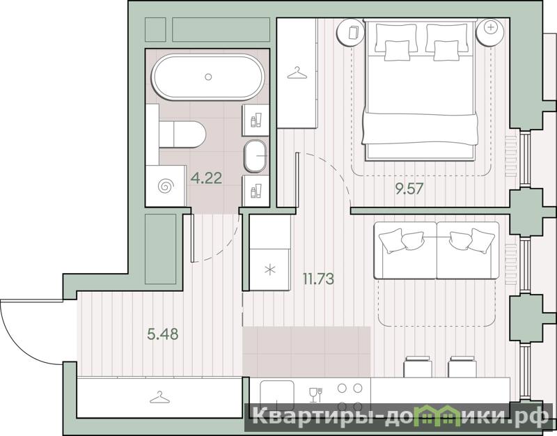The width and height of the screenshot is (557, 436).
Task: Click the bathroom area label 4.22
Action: (206, 178)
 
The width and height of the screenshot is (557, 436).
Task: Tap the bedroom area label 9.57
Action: (409, 188)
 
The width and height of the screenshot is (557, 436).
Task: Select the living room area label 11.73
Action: (318, 279)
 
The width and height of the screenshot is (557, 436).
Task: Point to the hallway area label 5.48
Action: (163, 334)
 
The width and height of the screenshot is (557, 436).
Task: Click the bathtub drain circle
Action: (208, 77)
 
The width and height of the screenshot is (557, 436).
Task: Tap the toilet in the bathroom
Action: (182, 134)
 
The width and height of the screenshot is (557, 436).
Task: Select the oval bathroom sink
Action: (255, 155)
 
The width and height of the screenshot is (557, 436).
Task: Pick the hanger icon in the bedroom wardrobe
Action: (297, 73)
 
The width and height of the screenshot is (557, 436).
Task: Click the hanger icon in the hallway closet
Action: (159, 398)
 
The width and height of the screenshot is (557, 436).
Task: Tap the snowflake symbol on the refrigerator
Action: (270, 270)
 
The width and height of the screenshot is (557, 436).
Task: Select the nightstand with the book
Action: (350, 33)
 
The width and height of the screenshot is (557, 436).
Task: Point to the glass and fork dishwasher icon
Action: (315, 395)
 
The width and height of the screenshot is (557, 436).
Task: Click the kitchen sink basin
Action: (277, 394)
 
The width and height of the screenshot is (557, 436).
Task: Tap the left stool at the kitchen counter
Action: (418, 367)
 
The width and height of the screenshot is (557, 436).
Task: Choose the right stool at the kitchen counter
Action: (462, 367)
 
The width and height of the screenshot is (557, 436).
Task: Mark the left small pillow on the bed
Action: (397, 50)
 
